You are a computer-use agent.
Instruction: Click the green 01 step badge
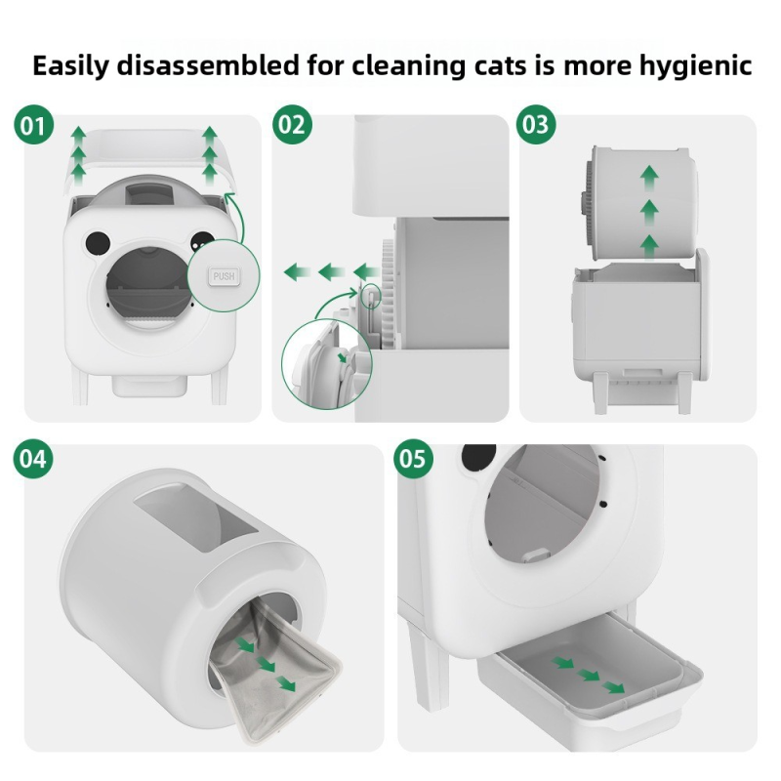click(33, 126)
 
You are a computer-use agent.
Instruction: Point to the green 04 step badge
click(33, 458)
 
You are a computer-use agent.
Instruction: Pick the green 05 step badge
click(413, 458)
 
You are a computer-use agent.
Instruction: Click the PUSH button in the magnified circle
click(225, 276)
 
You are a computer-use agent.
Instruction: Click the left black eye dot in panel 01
click(95, 240)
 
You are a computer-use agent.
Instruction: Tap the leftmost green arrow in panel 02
click(295, 270)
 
